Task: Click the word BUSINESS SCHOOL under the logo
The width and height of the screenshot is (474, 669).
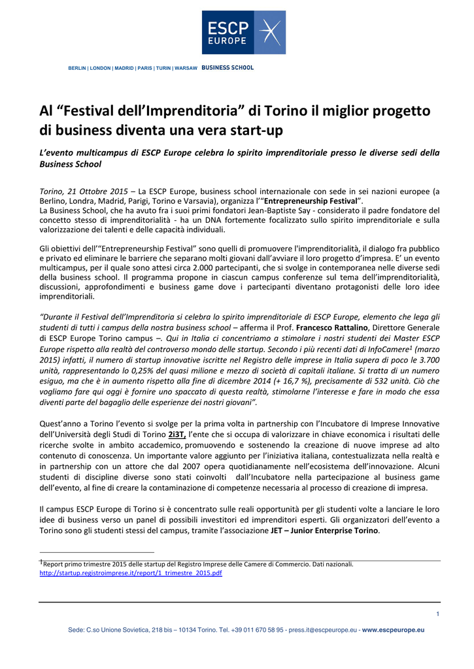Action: [228, 68]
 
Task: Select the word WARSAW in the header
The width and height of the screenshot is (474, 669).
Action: [186, 68]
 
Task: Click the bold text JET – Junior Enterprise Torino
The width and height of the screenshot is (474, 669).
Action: [324, 530]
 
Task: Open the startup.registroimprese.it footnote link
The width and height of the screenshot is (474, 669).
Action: [131, 572]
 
